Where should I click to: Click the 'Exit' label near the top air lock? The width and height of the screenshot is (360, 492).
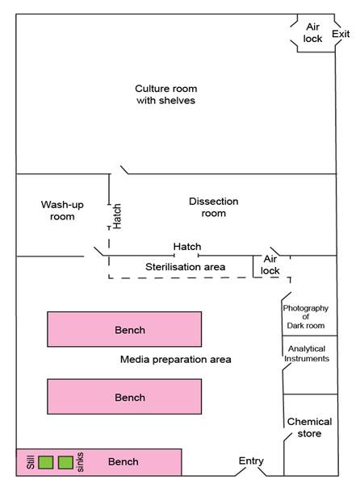(341, 34)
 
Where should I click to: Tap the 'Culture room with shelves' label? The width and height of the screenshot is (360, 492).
(165, 94)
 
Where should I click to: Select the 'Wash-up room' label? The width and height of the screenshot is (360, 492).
(62, 211)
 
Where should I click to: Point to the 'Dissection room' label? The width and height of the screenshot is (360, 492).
(214, 207)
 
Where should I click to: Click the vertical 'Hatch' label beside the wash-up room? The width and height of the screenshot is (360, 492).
(116, 216)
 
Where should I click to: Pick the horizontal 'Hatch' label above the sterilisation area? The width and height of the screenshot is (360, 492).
(187, 247)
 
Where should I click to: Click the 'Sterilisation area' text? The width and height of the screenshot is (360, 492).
(186, 267)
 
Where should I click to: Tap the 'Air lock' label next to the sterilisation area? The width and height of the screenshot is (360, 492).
(270, 265)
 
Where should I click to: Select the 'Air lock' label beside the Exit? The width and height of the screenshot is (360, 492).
(312, 32)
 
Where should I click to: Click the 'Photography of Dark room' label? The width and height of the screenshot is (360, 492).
(306, 317)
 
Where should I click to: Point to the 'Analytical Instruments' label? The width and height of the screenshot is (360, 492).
(307, 353)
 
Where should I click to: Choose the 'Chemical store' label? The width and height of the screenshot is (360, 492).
(309, 427)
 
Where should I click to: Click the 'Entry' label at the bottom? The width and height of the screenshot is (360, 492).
(251, 461)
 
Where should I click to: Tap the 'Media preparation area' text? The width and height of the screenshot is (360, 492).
(176, 359)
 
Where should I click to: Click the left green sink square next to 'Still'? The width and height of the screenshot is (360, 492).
(45, 462)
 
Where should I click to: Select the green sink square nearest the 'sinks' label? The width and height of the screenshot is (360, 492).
(65, 462)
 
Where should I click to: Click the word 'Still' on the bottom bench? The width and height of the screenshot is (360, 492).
(31, 462)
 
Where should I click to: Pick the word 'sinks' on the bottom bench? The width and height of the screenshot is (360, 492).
(80, 462)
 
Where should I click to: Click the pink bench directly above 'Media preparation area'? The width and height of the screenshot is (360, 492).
(124, 329)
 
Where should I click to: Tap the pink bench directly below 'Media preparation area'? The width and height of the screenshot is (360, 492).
(124, 397)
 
